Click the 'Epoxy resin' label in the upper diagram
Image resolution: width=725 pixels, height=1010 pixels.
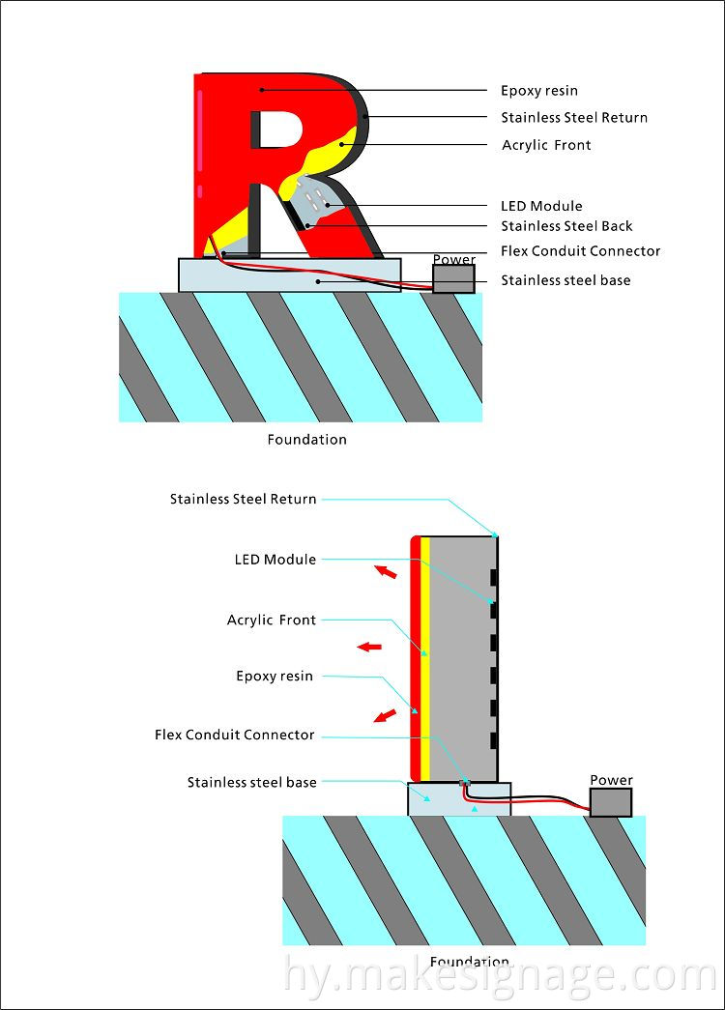[538, 91]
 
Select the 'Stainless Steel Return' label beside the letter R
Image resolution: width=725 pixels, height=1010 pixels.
[573, 118]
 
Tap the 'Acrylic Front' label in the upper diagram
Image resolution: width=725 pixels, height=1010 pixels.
[546, 145]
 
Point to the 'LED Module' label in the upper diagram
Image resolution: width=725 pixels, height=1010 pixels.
[541, 206]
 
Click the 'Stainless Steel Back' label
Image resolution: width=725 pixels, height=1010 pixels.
[566, 226]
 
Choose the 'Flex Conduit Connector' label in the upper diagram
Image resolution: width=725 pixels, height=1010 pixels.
[580, 251]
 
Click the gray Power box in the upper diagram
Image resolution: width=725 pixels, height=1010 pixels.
[453, 278]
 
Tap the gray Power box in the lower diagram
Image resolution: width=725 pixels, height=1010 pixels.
[611, 802]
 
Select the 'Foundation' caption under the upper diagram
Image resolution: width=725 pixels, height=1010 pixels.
[306, 440]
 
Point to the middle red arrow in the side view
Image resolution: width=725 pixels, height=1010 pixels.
[369, 647]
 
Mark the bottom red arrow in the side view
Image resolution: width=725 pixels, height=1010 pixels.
[385, 716]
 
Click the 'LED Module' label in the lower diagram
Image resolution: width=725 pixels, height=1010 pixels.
[275, 560]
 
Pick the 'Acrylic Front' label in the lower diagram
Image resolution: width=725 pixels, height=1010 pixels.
[271, 620]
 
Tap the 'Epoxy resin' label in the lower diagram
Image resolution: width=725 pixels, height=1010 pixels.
[275, 677]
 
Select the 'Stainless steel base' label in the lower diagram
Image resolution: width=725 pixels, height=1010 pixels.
[251, 782]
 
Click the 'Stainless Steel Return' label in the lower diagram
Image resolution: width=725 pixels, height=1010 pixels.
[243, 500]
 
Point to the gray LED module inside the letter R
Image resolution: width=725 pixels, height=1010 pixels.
[313, 197]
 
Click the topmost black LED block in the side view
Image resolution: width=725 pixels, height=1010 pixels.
[493, 578]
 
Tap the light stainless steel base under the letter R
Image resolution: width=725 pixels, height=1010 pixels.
[290, 275]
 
